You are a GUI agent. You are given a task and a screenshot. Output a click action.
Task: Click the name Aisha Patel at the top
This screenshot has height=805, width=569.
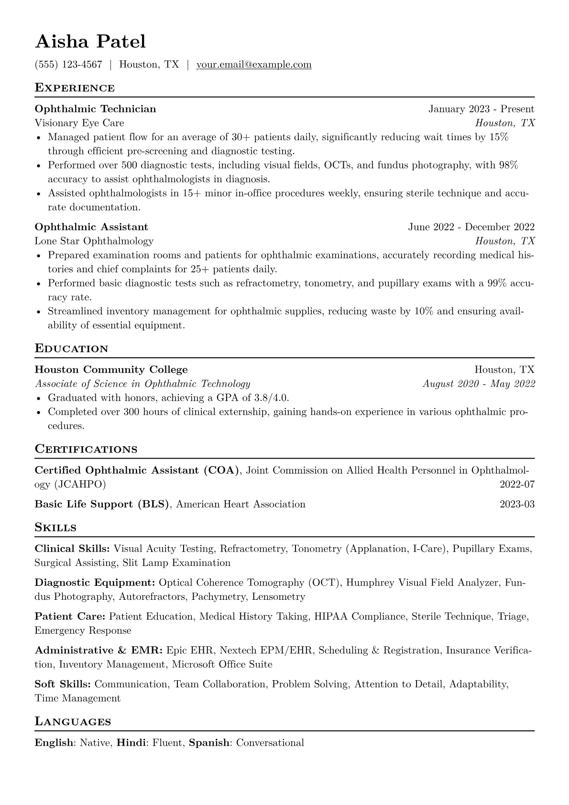coord(90,42)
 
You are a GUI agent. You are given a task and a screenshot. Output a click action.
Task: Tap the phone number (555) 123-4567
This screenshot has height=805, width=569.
coord(68,65)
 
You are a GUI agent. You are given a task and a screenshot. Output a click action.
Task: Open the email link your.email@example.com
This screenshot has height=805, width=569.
coord(254,65)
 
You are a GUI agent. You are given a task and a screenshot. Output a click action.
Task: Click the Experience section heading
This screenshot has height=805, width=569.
coord(75,88)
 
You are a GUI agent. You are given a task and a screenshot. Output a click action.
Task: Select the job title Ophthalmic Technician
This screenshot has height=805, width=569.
coord(96,109)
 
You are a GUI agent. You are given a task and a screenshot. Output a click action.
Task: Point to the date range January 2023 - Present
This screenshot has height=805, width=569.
coord(481,109)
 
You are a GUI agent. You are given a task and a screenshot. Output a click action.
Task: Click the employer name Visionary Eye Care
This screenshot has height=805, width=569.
coord(79,123)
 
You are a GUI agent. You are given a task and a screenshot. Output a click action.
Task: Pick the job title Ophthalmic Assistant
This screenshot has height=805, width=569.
coord(91,227)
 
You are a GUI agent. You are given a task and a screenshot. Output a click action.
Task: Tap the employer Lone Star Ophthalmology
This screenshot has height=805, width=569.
coord(94,241)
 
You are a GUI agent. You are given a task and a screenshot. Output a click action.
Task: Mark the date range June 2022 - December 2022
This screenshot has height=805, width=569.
coord(471,227)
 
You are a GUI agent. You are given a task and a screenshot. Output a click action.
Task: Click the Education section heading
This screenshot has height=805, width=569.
coord(72,349)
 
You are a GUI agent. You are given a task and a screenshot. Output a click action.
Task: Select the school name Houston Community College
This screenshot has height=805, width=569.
coord(111,370)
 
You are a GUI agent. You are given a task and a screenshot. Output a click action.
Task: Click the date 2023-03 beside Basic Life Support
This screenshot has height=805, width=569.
coord(517,504)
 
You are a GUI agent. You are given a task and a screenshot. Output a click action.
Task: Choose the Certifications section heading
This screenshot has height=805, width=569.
coord(86,450)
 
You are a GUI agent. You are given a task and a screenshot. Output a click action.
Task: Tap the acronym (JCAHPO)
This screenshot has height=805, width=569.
coord(80,485)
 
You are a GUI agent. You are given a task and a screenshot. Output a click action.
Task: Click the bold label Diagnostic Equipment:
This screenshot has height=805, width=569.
coord(95,583)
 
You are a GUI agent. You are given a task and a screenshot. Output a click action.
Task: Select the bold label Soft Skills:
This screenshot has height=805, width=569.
coord(63,684)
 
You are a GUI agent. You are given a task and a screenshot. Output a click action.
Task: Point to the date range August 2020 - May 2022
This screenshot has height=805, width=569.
coord(479,384)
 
